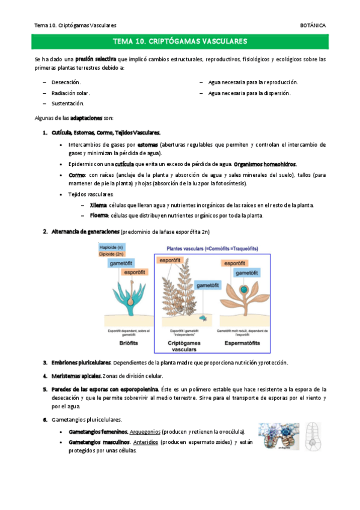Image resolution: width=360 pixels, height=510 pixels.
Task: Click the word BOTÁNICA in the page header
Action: [x=313, y=25]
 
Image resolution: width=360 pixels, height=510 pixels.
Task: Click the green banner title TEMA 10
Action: [x=180, y=41]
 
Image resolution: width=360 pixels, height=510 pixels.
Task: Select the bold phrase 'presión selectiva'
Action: [x=96, y=60]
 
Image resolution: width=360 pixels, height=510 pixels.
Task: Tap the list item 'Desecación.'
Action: [x=66, y=82]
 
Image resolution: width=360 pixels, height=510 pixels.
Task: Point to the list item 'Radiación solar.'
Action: [x=70, y=93]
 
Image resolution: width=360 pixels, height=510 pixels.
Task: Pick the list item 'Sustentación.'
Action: [x=68, y=103]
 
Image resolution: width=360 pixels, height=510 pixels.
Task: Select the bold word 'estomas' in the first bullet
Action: [x=148, y=145]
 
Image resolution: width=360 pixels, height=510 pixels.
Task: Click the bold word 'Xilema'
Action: [x=98, y=205]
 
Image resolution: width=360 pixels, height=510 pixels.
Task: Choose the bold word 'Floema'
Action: [x=99, y=215]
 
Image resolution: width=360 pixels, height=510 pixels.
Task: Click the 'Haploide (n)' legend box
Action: [x=112, y=247]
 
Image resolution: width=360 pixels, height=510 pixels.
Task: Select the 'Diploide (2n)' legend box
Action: [x=113, y=254]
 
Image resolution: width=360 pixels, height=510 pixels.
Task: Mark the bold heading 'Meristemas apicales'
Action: [x=76, y=376]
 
